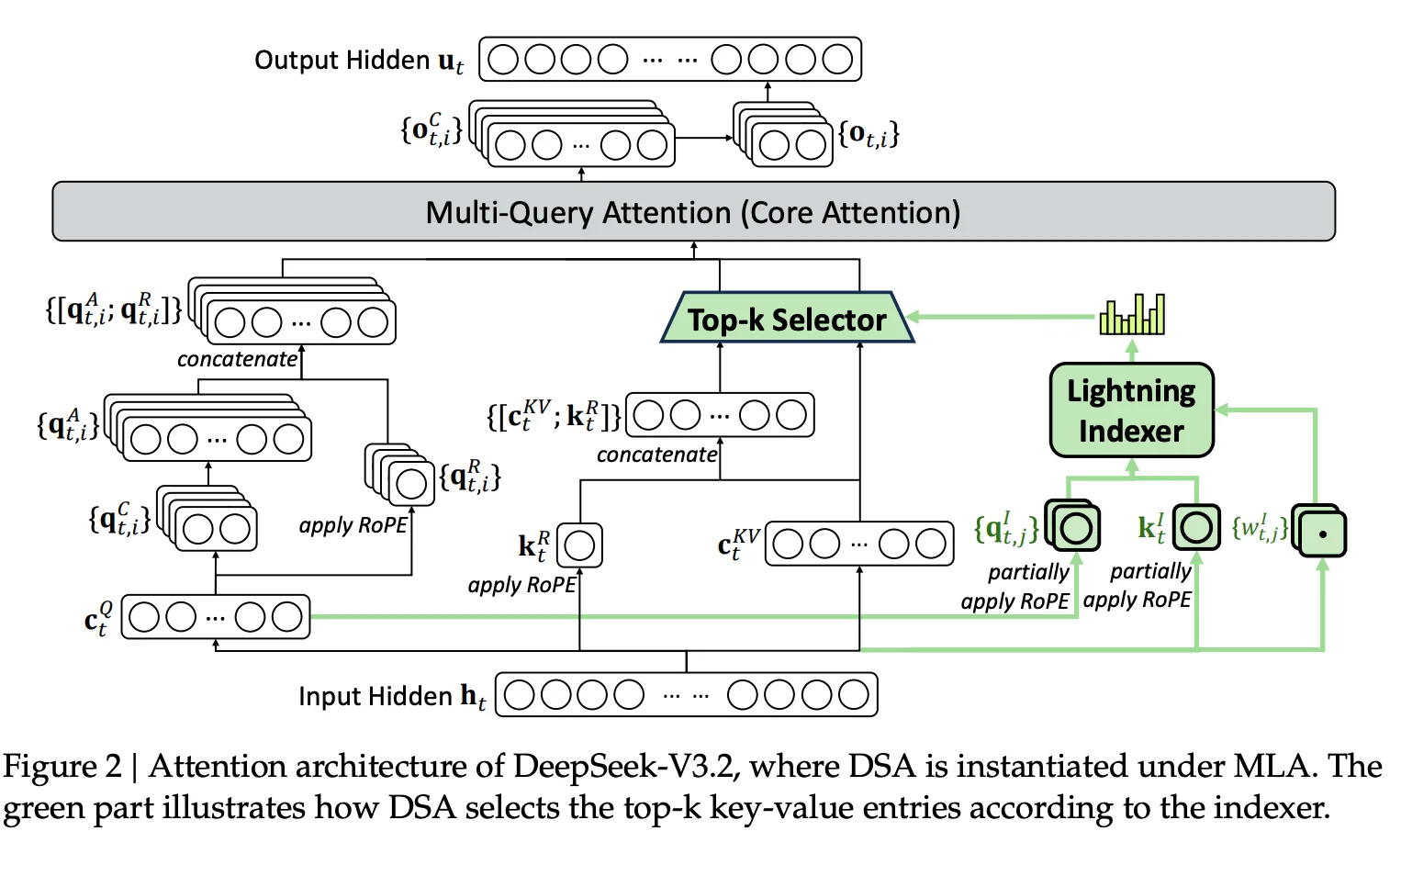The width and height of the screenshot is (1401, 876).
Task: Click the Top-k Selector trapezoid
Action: [x=787, y=318]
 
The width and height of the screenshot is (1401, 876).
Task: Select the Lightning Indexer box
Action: [x=1131, y=410]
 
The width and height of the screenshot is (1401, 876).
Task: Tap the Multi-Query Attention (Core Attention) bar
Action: [x=693, y=212]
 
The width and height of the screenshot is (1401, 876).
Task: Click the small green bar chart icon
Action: [x=1132, y=314]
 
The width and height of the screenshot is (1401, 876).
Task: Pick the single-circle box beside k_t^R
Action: [x=580, y=545]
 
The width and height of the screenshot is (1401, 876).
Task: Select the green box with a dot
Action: [x=1322, y=533]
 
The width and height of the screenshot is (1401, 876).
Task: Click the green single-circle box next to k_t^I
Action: [x=1196, y=527]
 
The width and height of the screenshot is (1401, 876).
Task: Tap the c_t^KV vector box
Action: [x=858, y=544]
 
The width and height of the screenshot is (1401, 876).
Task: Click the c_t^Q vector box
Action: [x=216, y=617]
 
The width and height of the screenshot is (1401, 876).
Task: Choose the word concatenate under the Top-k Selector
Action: [x=656, y=455]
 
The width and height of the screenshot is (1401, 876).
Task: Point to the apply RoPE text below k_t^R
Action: [x=521, y=585]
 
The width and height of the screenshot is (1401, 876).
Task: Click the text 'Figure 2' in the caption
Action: [x=62, y=766]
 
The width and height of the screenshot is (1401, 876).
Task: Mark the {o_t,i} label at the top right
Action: [x=868, y=134]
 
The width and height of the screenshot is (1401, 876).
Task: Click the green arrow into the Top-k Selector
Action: [x=1001, y=317]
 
